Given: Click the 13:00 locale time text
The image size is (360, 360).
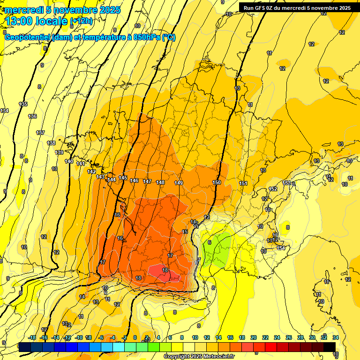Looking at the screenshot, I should [36, 21].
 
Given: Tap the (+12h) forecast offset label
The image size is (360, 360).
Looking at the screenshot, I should [81, 21].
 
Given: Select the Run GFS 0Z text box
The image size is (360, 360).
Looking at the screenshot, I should [297, 7].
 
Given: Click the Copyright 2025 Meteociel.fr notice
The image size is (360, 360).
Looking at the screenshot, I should [199, 356].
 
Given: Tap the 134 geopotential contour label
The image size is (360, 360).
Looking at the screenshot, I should [4, 111].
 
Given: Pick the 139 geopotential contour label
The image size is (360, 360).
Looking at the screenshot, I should [60, 152].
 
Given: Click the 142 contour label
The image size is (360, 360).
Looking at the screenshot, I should [91, 172].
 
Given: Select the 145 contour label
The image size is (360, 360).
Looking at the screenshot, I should [123, 178].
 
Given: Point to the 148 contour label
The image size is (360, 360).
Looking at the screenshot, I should [160, 182].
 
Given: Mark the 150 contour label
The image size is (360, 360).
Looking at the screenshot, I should [216, 182].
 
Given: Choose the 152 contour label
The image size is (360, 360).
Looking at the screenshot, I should [273, 189].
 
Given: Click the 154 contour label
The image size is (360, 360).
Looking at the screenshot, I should [281, 248].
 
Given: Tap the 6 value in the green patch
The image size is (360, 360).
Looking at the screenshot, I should [210, 242].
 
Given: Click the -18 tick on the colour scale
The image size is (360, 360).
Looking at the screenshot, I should [32, 337].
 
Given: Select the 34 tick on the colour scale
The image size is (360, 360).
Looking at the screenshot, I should [335, 337].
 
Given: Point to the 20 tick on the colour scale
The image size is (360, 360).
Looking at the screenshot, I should [254, 337].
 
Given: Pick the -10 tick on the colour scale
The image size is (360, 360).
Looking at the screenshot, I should [79, 337].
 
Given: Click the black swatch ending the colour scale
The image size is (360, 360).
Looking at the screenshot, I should [329, 347].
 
